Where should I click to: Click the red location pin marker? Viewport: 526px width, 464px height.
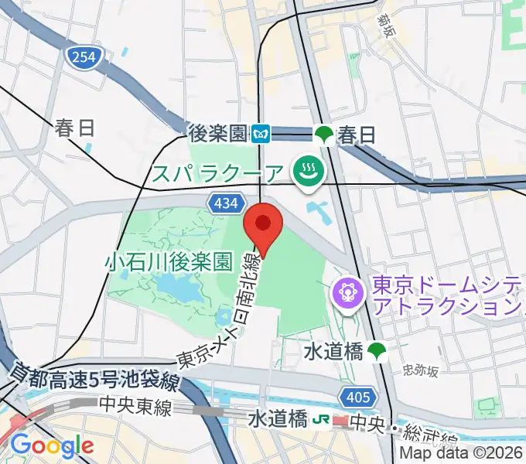pyautogui.click(x=264, y=225)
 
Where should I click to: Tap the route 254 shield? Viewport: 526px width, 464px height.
pyautogui.click(x=81, y=56)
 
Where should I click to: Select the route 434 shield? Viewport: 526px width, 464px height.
pyautogui.click(x=224, y=203)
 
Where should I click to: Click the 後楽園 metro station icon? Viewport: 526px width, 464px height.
pyautogui.click(x=261, y=135)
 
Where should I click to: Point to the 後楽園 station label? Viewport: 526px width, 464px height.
pyautogui.click(x=220, y=134)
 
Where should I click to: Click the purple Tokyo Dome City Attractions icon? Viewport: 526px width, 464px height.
pyautogui.click(x=347, y=292)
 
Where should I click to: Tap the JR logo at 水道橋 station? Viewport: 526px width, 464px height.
pyautogui.click(x=319, y=420)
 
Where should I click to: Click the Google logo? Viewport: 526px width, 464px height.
pyautogui.click(x=52, y=445)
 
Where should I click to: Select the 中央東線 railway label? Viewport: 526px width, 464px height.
pyautogui.click(x=135, y=407)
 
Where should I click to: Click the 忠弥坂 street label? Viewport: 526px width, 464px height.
pyautogui.click(x=421, y=370)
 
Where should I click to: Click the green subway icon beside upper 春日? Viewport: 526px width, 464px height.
pyautogui.click(x=324, y=135)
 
